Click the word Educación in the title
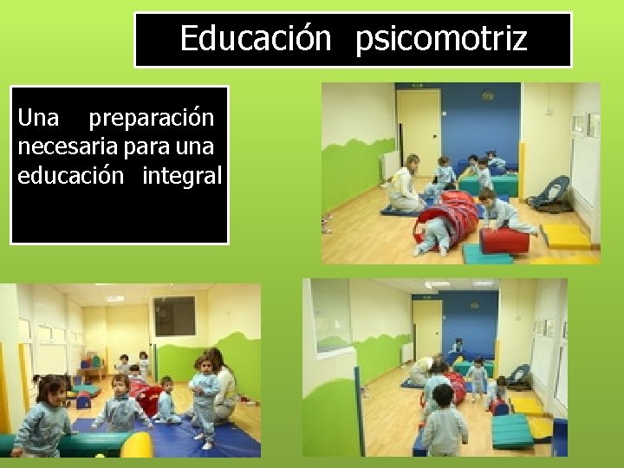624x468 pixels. (x=255, y=39)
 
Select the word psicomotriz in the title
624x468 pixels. (x=440, y=40)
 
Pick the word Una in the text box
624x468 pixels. (x=38, y=117)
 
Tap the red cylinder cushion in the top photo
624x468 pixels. (x=504, y=240)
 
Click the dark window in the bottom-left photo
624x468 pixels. (x=176, y=316)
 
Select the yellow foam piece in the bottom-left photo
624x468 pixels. (x=137, y=445)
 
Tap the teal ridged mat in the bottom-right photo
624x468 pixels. (x=513, y=432)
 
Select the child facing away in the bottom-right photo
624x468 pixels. (x=444, y=425)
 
